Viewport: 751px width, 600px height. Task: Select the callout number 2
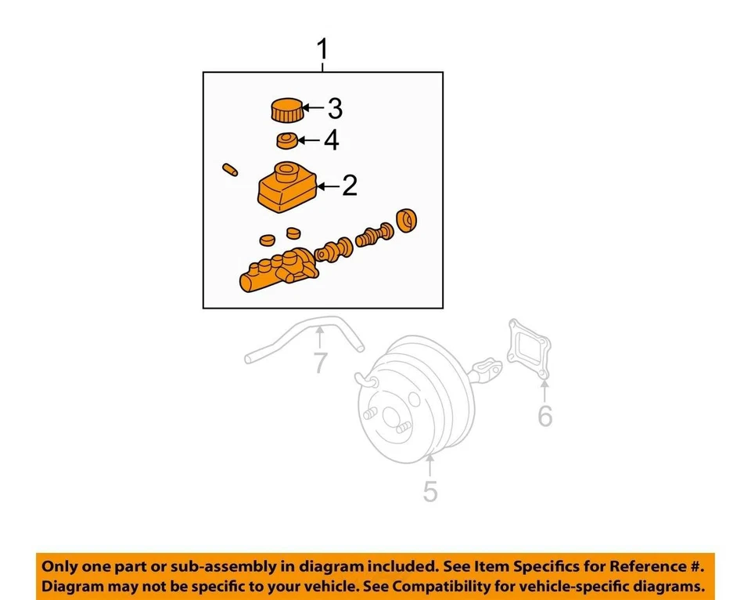(x=349, y=186)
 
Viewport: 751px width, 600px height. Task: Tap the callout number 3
(x=335, y=108)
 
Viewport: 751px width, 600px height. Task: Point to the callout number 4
(x=332, y=141)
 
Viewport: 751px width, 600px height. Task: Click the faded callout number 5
(x=430, y=491)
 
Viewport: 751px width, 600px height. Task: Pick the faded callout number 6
(x=544, y=416)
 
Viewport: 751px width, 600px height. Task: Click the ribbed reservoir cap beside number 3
(x=287, y=110)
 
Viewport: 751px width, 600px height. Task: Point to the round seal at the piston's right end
(x=407, y=222)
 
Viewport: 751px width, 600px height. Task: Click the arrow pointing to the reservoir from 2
(x=329, y=186)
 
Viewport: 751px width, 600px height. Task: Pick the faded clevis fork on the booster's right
(x=487, y=369)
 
